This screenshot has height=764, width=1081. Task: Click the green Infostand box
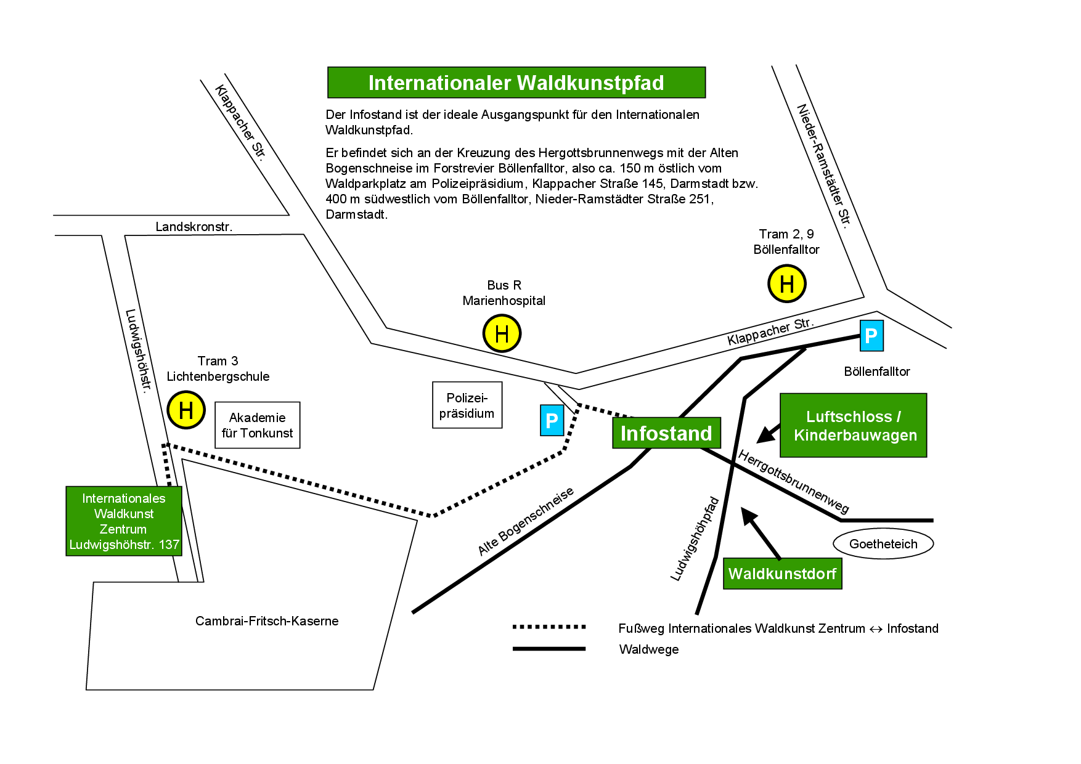point(666,433)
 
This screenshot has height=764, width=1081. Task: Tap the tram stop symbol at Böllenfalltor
point(786,284)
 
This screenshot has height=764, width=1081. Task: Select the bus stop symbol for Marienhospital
point(502,333)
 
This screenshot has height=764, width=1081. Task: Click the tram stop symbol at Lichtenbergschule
point(186,410)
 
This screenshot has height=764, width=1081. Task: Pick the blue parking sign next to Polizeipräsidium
point(552,420)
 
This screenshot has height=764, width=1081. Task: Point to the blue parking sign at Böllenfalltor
point(871,336)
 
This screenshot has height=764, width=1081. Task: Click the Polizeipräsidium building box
point(467,405)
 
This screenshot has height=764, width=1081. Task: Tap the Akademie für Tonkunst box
point(257,425)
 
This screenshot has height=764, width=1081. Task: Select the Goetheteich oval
point(883,544)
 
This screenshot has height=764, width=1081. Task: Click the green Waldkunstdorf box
point(782,574)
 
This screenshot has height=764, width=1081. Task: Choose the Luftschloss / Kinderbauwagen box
point(854,426)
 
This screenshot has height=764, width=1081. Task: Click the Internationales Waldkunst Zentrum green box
point(124,521)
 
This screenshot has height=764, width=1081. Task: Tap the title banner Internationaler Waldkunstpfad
point(516,83)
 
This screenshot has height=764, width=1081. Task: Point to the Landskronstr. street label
point(194,227)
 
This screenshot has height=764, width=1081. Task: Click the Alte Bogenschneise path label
point(526,521)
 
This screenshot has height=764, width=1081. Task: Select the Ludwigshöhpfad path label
point(695,539)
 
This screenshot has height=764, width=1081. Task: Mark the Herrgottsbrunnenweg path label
point(794,482)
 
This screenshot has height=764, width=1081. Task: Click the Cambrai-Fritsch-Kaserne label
point(267,621)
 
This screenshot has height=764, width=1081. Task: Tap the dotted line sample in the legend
point(549,627)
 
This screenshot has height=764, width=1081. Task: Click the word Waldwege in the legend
point(649,649)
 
